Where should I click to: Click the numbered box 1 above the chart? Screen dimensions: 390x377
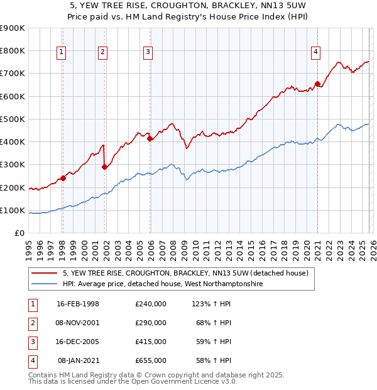62,52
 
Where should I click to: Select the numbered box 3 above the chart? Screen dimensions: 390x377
148,52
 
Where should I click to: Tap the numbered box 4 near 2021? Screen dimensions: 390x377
315,52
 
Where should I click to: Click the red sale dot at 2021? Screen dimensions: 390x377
318,84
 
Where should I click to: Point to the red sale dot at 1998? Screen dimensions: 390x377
63,178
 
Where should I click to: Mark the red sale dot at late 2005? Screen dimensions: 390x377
150,138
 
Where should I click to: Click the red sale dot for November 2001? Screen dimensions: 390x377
104,167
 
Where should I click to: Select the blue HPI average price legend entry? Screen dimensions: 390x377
162,284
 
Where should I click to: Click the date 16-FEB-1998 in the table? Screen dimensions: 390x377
78,304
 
